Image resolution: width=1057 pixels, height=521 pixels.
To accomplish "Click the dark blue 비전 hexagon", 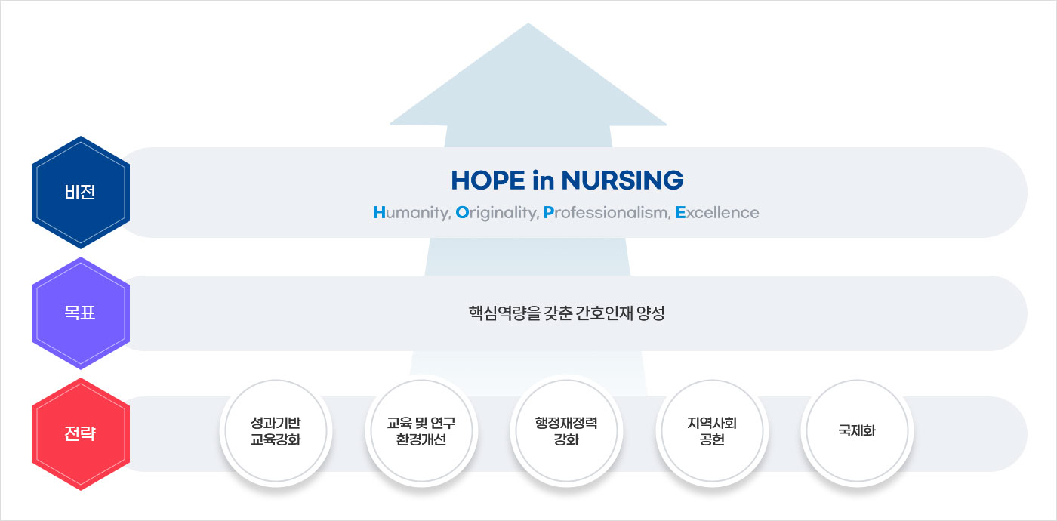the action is click(81, 192).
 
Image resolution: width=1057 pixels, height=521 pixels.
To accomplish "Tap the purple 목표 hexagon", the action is click(81, 313).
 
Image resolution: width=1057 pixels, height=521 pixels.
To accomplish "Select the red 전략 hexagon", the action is click(81, 433).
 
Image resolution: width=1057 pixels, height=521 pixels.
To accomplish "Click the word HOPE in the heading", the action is click(488, 180).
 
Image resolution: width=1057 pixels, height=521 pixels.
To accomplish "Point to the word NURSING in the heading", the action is click(622, 180).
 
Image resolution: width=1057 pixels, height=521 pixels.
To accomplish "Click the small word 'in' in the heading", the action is click(543, 180).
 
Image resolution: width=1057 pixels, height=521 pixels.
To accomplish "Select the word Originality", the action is click(497, 213).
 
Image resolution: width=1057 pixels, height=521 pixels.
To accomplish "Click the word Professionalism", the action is click(607, 213).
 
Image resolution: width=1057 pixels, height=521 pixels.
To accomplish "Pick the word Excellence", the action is click(717, 213).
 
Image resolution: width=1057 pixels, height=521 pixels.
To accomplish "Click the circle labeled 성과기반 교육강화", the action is click(276, 431).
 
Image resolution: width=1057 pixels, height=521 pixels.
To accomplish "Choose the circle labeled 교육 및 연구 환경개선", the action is click(421, 431).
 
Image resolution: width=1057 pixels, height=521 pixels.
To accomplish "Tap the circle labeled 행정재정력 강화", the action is click(566, 431).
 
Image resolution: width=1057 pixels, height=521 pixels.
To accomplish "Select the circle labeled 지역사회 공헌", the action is click(711, 431).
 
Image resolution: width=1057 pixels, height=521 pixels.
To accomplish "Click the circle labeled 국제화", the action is click(857, 431).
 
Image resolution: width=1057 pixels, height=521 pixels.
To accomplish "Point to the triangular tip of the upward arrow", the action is click(528, 23).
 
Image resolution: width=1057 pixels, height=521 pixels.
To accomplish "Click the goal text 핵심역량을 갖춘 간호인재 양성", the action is click(566, 313).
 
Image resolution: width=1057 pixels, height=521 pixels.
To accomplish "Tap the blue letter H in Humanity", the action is click(379, 213).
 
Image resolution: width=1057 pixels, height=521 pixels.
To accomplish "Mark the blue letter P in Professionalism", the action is click(548, 213).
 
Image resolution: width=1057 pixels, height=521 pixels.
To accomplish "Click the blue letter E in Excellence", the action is click(680, 213).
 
